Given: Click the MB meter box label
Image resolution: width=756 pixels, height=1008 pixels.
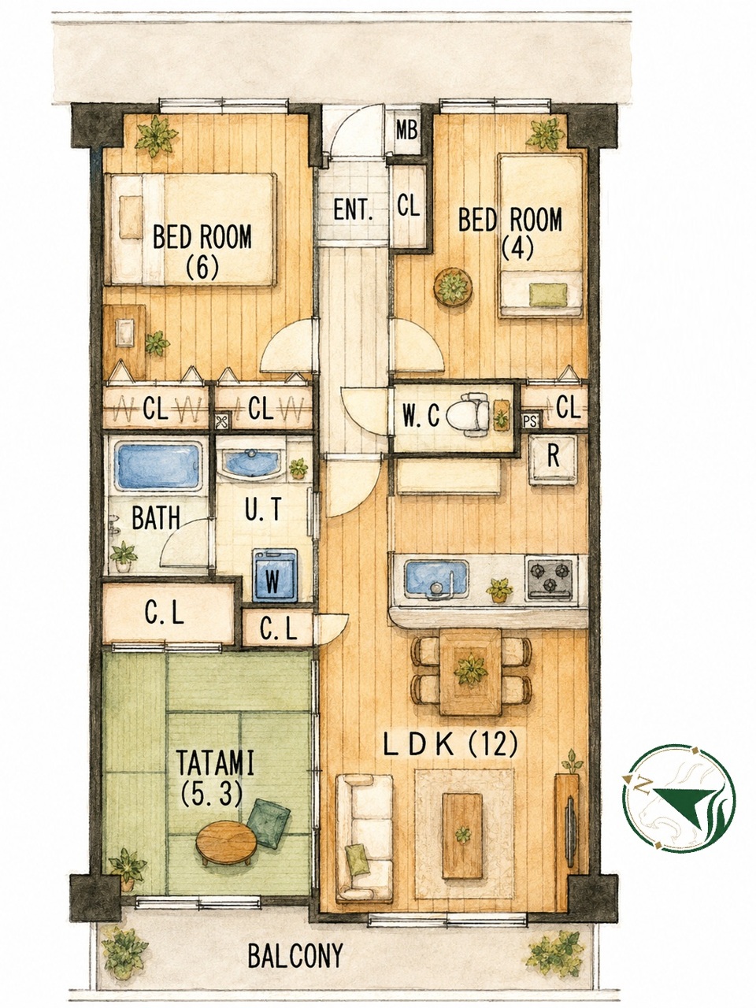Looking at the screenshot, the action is [x=406, y=132].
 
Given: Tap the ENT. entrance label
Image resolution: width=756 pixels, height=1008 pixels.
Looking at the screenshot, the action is [x=353, y=210].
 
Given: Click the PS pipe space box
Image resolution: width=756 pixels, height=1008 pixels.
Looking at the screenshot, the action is [x=531, y=421].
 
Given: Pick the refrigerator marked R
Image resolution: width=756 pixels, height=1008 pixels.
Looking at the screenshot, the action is [x=552, y=460].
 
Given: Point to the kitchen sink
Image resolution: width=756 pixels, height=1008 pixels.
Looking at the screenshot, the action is [x=436, y=579].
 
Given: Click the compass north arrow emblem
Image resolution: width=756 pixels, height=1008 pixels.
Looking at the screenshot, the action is [x=678, y=793].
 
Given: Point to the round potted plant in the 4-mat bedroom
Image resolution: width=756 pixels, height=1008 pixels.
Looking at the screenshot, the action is [x=453, y=287].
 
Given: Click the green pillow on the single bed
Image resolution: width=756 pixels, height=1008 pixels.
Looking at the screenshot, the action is [x=547, y=295].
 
